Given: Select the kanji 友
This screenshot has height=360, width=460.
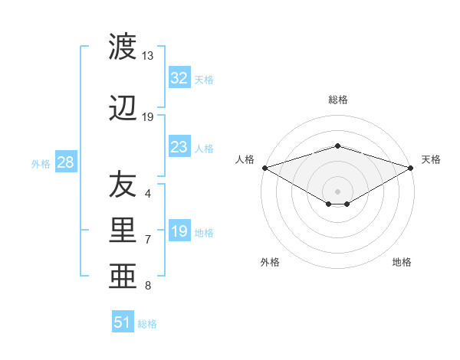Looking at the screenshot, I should click(123, 184).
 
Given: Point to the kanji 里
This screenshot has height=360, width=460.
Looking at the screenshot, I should click(123, 231).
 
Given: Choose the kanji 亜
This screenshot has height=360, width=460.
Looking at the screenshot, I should click(123, 276).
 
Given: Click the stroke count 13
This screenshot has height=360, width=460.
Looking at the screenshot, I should click(147, 56).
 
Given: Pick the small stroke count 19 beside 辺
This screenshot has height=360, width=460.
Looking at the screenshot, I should click(148, 117).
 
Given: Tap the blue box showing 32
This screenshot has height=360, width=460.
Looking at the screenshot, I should click(179, 78).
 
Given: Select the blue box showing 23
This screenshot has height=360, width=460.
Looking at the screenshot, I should click(179, 147).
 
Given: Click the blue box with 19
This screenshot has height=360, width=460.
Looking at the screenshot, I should click(179, 231).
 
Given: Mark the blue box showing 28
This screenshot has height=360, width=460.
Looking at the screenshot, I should click(65, 162).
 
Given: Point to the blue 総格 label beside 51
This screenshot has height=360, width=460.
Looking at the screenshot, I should click(147, 324).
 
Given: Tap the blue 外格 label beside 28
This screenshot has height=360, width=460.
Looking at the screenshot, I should click(41, 164).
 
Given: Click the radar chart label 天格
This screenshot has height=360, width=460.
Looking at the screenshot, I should click(431, 159).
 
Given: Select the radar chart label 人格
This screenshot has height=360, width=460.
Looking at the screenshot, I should click(245, 159).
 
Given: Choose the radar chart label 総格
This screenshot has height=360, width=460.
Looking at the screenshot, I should click(337, 100).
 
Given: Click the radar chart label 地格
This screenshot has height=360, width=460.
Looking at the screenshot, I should click(402, 262).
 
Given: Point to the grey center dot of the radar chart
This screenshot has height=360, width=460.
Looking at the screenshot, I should click(337, 190).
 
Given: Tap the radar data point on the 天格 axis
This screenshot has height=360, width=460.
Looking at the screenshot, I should click(411, 167).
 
